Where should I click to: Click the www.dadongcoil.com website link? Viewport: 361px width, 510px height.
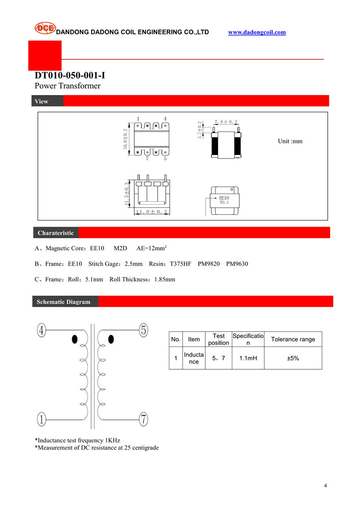pyautogui.click(x=257, y=33)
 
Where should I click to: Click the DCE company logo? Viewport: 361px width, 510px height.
pyautogui.click(x=45, y=28)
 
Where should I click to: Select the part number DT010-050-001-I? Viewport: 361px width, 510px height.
pyautogui.click(x=70, y=76)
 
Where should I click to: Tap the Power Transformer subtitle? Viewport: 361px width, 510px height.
pyautogui.click(x=68, y=86)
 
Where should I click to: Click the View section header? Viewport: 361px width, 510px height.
pyautogui.click(x=42, y=101)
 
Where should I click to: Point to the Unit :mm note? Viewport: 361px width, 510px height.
pyautogui.click(x=290, y=141)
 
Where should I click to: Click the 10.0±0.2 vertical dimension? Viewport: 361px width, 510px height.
pyautogui.click(x=125, y=138)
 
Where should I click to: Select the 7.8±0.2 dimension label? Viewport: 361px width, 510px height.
pyautogui.click(x=226, y=122)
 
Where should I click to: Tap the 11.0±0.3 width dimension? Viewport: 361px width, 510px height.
pyautogui.click(x=151, y=211)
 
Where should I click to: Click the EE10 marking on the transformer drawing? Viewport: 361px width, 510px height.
pyautogui.click(x=224, y=198)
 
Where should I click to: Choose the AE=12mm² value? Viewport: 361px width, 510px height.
pyautogui.click(x=152, y=248)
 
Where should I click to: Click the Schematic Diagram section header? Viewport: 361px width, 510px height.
pyautogui.click(x=63, y=302)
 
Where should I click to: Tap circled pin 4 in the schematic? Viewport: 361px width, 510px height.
pyautogui.click(x=42, y=330)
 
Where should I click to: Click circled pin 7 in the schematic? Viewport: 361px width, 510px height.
pyautogui.click(x=144, y=419)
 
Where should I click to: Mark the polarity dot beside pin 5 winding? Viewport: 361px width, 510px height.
pyautogui.click(x=111, y=339)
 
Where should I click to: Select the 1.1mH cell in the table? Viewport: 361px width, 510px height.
pyautogui.click(x=248, y=358)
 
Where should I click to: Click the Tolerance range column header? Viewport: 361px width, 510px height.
pyautogui.click(x=293, y=339)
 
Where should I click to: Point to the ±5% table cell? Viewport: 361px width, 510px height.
pyautogui.click(x=293, y=358)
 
